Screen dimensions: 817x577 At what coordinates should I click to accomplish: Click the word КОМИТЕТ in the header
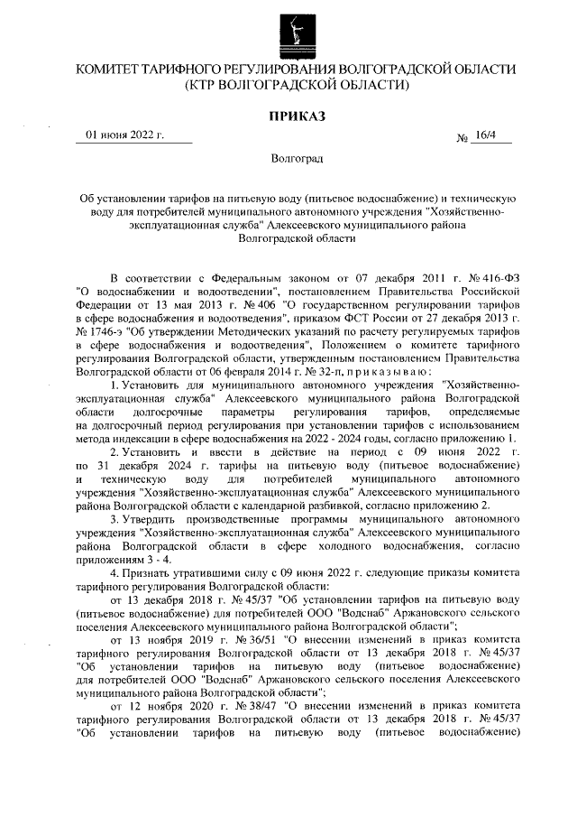113,70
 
